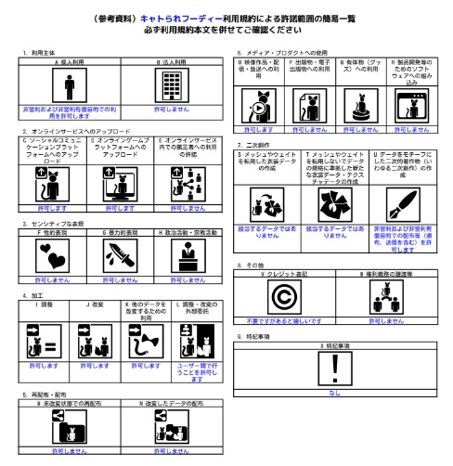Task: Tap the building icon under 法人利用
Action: click(x=171, y=86)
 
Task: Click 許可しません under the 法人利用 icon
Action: click(x=171, y=110)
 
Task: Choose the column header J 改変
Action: click(x=94, y=304)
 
